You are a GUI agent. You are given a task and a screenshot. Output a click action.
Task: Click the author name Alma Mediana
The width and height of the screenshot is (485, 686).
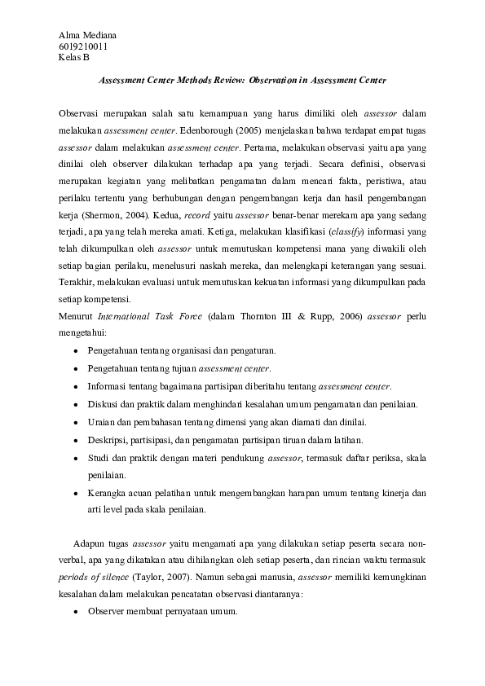point(87,35)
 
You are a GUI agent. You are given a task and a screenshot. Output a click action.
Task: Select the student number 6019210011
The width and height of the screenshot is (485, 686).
point(83,46)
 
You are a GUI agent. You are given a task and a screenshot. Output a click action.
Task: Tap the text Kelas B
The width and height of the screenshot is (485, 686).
point(74,57)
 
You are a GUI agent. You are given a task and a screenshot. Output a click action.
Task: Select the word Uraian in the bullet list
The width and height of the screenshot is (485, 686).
point(102,422)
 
